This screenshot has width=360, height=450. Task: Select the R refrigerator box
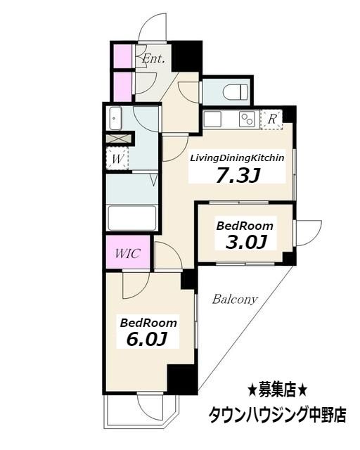click(272, 119)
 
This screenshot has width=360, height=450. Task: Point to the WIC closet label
click(127, 252)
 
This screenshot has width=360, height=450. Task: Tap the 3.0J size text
click(245, 243)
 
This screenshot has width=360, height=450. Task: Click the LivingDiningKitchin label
click(237, 158)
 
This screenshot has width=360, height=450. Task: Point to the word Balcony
click(235, 299)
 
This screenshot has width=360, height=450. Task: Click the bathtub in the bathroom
click(131, 216)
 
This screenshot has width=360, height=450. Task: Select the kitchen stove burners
click(247, 119)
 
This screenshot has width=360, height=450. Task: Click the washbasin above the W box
click(116, 119)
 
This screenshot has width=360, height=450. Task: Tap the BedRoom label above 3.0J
click(245, 226)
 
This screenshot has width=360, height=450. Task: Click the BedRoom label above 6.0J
click(148, 323)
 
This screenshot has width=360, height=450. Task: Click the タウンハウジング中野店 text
click(277, 414)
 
